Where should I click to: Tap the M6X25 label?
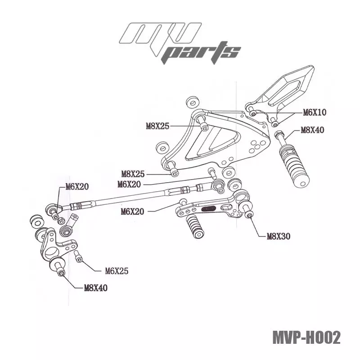coord(117,271)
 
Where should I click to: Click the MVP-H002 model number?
coord(306,337)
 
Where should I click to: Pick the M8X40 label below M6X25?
coord(96,288)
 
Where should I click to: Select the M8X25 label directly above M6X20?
coord(133,173)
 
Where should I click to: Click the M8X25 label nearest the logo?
coord(157,126)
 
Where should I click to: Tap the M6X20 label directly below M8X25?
coord(129,184)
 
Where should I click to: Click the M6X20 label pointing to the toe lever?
coord(133,211)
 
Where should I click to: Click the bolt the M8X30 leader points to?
coord(250,216)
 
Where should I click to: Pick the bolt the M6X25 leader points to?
coord(79,259)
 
